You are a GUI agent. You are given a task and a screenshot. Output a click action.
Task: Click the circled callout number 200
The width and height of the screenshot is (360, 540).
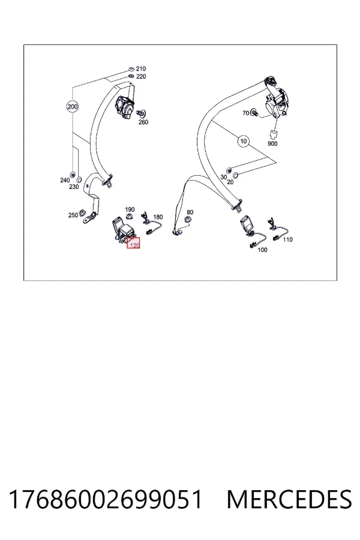pos(73,106)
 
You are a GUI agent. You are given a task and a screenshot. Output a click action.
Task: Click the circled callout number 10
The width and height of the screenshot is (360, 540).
pos(244,141)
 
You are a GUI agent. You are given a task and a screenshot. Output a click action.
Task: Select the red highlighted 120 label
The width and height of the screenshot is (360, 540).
pos(133,243)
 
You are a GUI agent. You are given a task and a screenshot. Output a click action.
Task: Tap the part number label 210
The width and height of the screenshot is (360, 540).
pos(141,69)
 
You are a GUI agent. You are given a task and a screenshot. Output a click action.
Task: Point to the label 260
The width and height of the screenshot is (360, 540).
pos(143,122)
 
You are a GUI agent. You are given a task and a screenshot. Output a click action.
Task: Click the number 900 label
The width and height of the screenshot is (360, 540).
pos(272,143)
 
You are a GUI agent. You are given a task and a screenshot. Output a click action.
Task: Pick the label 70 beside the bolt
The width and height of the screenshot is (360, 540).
pos(245,113)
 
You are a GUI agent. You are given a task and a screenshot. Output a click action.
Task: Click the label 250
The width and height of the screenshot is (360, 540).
pos(73,215)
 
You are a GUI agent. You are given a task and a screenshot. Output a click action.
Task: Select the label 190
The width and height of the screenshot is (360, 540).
pos(130,209)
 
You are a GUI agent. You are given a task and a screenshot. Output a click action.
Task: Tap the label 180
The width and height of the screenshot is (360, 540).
pos(158,217)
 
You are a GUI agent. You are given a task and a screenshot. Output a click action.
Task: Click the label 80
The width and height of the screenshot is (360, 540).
pos(190,212)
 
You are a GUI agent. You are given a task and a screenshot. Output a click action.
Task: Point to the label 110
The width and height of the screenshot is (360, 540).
pos(287,239)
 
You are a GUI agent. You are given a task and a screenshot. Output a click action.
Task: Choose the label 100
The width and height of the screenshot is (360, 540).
pos(263,250)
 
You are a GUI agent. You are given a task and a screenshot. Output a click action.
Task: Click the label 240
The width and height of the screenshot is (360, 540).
pos(65,180)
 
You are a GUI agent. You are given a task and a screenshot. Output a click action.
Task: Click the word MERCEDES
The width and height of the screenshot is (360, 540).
pos(289,499)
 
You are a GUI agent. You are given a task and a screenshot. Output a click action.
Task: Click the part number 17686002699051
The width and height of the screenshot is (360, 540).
pos(106,499)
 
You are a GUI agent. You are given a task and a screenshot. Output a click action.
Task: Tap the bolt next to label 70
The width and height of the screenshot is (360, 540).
pos(254,112)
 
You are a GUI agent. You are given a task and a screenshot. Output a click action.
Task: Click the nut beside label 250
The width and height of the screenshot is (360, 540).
pos(82,212)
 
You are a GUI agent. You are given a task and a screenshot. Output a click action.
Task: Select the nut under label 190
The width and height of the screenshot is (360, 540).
pos(130,217)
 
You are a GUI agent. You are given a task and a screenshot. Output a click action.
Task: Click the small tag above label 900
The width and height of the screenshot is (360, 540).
pos(274,134)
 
